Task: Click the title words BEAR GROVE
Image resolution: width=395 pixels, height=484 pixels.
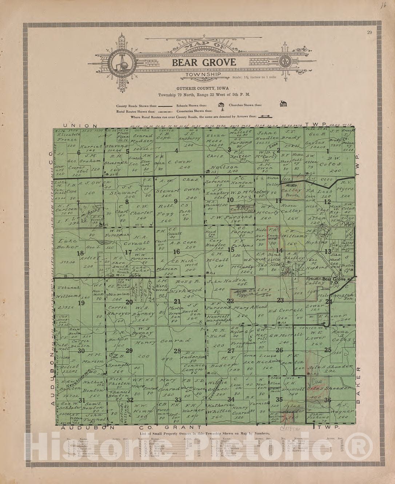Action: (204, 62)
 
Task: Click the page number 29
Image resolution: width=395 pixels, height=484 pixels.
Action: (369, 33)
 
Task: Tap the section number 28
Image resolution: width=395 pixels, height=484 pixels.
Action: (177, 351)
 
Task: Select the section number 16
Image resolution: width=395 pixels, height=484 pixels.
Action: (176, 252)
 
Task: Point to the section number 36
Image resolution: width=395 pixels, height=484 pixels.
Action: (328, 400)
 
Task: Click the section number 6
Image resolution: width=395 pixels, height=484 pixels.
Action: (78, 152)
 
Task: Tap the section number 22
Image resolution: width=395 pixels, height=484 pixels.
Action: (230, 301)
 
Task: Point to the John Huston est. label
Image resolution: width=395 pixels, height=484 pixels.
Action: (222, 282)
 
